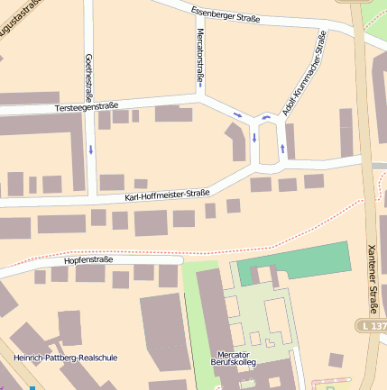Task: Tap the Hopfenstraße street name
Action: click(x=89, y=259)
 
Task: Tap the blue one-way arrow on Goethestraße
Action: click(x=91, y=149)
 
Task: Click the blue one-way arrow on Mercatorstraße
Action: click(x=200, y=86)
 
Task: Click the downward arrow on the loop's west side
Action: click(x=255, y=138)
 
